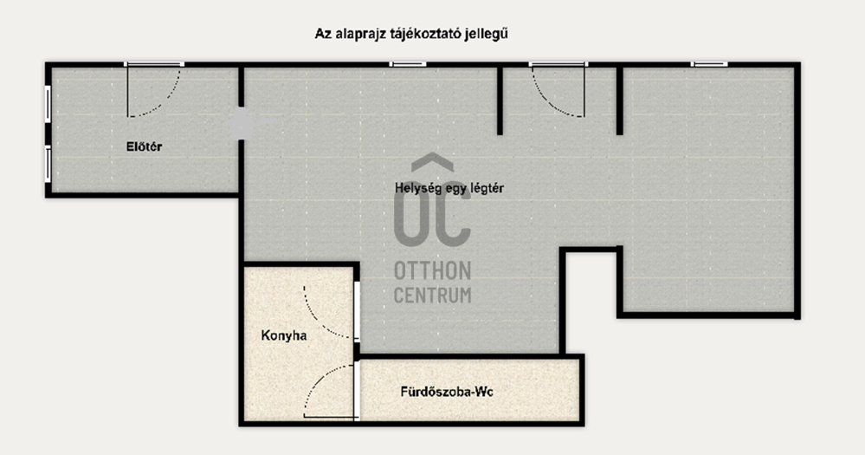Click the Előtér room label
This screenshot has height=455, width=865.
tap(144, 146)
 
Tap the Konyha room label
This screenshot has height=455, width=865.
tap(284, 335)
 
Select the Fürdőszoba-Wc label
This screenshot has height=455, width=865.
tap(447, 392)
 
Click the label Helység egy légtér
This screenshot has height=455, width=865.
tap(449, 188)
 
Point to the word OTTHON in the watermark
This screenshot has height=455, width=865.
tap(433, 271)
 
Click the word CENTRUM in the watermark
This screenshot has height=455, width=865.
tap(433, 295)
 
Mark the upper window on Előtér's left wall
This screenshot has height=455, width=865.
tap(48, 104)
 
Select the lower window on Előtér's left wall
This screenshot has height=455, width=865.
tap(48, 164)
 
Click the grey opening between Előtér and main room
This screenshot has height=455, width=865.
tap(241, 124)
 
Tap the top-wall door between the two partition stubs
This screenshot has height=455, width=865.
tap(558, 89)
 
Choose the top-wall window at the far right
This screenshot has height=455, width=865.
tap(709, 65)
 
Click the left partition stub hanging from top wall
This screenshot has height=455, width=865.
tap(500, 101)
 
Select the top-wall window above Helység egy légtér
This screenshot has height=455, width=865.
tap(408, 65)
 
